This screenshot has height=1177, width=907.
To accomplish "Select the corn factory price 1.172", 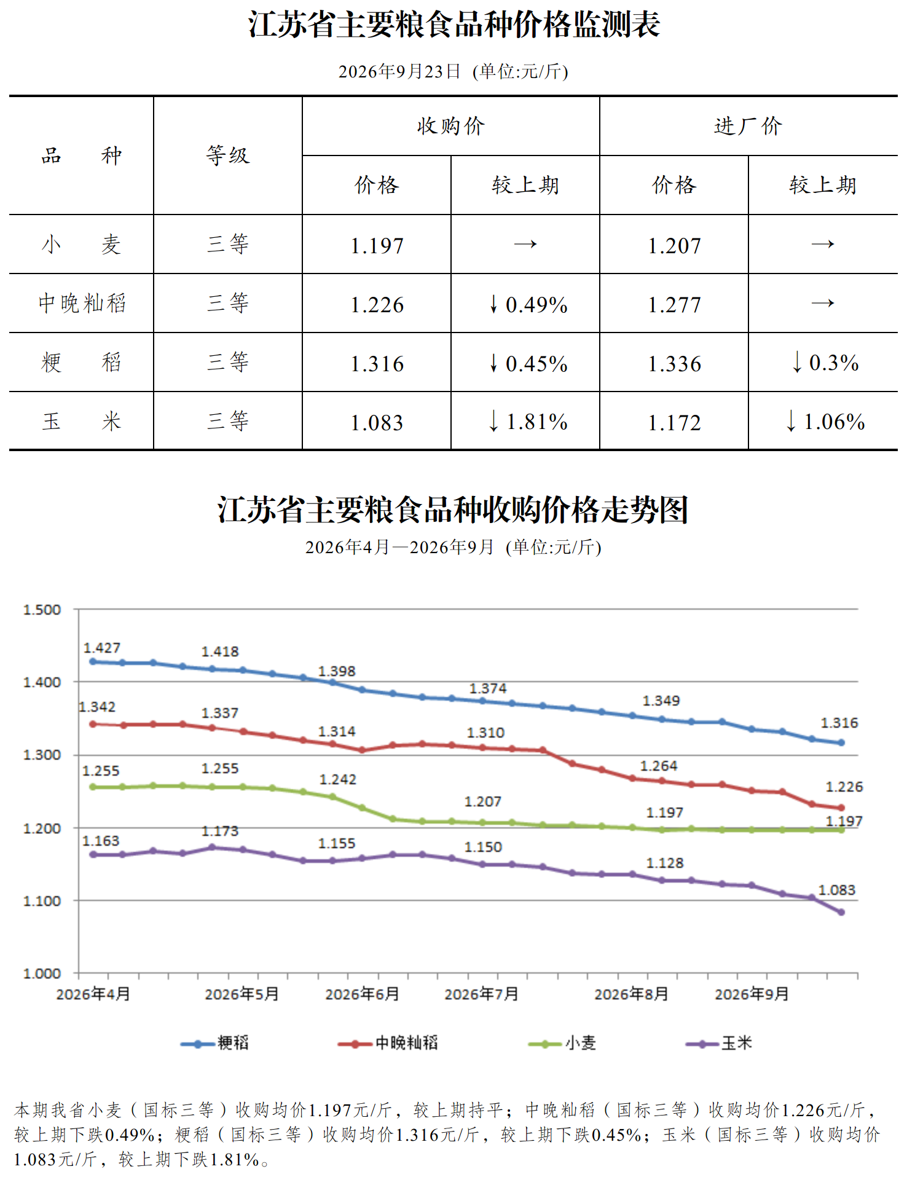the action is click(674, 423).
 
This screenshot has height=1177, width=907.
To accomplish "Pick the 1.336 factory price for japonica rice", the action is click(674, 364).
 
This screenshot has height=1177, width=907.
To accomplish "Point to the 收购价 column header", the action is click(450, 126).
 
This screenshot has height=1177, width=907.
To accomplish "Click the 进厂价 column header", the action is click(748, 126).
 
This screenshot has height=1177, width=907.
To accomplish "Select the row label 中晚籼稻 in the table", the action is click(82, 303).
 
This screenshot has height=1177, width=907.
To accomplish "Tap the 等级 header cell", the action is click(228, 155).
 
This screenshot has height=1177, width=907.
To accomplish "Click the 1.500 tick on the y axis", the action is click(42, 610).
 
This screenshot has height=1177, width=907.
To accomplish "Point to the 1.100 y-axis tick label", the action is click(42, 901).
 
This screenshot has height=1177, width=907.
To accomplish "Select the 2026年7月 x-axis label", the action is click(482, 994).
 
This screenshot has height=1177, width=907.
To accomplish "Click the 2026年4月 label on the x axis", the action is click(93, 994).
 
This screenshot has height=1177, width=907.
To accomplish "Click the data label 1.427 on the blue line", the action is click(102, 648).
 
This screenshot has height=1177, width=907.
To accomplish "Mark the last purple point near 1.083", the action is click(841, 912).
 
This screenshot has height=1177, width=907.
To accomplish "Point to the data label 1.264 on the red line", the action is click(659, 766).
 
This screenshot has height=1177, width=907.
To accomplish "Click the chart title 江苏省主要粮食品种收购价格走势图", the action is click(453, 510).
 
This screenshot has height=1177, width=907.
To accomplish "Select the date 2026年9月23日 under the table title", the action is click(399, 71).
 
